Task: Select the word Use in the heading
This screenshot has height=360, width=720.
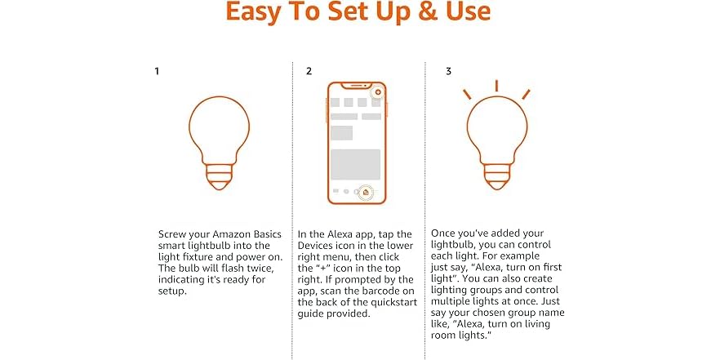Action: tap(464, 14)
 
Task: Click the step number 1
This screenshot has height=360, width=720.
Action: tap(157, 71)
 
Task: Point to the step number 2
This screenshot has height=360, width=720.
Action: tap(309, 71)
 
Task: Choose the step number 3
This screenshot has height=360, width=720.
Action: tap(448, 71)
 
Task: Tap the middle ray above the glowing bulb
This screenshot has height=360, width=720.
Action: tap(496, 86)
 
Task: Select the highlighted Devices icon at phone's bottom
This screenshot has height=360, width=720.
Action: tap(367, 192)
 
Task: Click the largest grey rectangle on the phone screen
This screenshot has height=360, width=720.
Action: tap(355, 164)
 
